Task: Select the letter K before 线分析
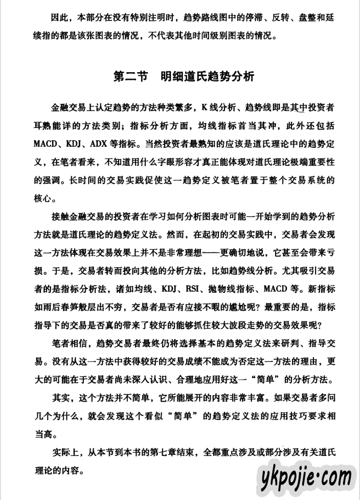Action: tap(203, 107)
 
